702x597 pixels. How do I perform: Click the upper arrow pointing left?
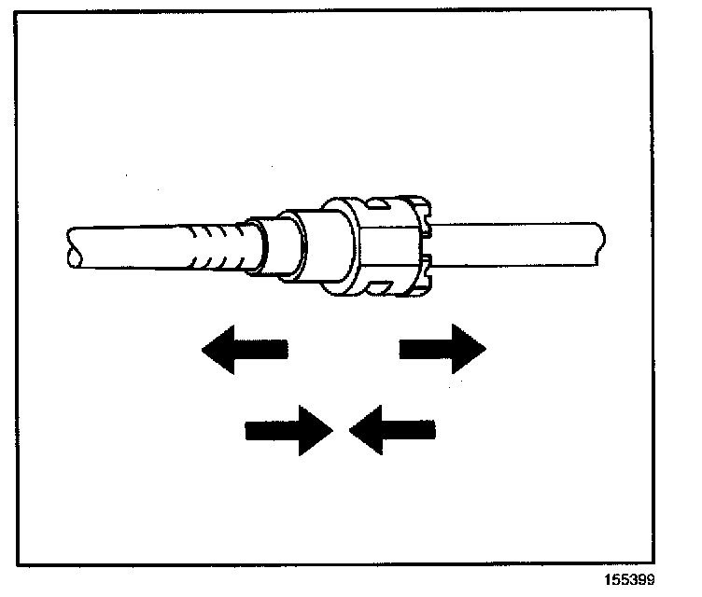pos(245,350)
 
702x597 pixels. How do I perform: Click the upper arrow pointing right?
pos(443,349)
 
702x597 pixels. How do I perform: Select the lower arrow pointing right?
pos(288,430)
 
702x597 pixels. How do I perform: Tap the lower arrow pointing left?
pos(392,430)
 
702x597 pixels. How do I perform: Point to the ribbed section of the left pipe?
pos(215,245)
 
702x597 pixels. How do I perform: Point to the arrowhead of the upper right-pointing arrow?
pos(470,349)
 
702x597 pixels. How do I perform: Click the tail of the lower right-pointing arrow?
pos(261,430)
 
